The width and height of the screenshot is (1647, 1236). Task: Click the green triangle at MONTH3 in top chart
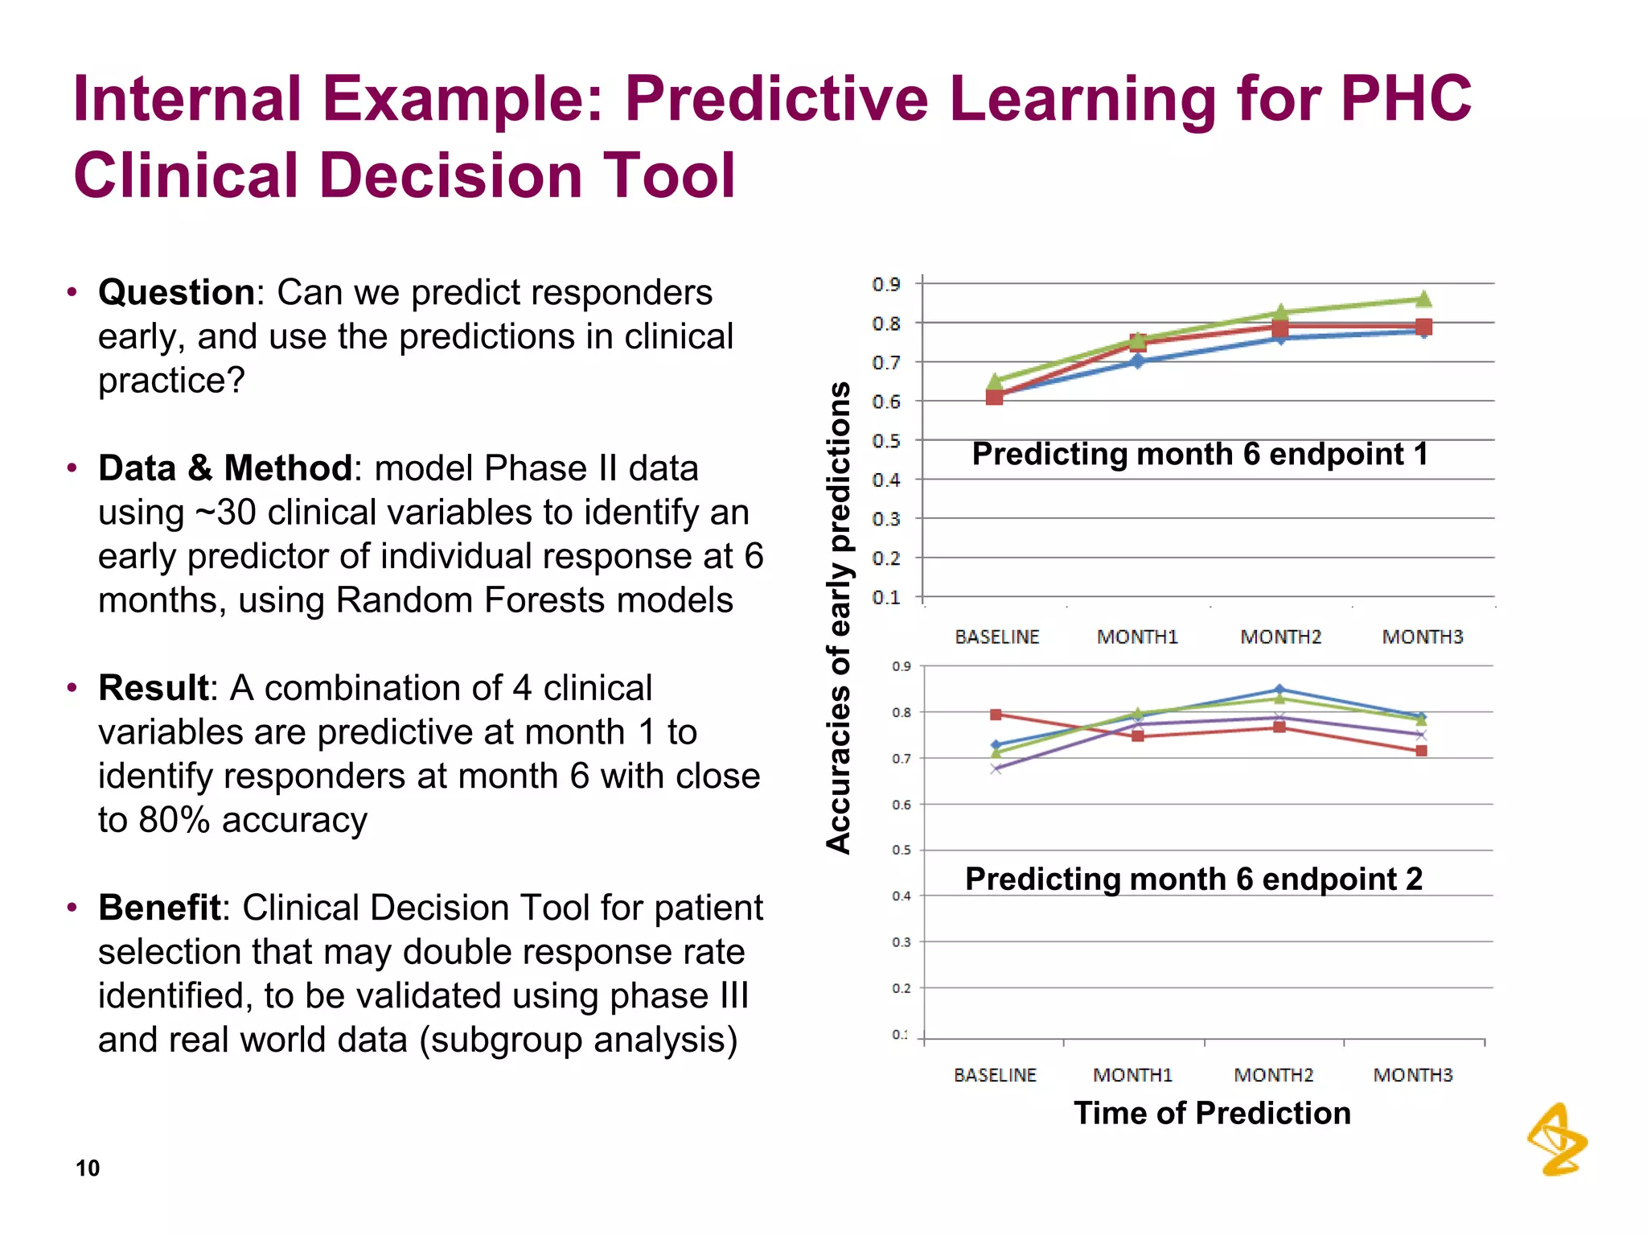(x=1423, y=299)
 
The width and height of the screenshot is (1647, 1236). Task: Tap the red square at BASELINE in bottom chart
(x=996, y=715)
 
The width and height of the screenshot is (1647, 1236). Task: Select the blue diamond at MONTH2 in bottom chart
(x=1279, y=690)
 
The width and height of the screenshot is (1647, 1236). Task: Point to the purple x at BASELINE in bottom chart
(x=996, y=769)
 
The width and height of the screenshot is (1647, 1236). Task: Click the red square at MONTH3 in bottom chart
(x=1421, y=751)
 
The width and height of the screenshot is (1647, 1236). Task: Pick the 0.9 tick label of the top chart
(x=885, y=284)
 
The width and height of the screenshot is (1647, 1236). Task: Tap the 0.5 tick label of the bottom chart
(x=902, y=851)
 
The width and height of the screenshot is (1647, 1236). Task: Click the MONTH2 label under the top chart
(x=1280, y=637)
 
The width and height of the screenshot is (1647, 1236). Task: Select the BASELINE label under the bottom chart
(x=995, y=1075)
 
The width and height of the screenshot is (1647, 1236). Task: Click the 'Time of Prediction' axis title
(x=1212, y=1114)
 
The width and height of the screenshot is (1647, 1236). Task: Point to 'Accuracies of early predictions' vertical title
(x=839, y=617)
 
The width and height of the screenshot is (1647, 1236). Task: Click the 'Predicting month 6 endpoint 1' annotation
(x=1200, y=455)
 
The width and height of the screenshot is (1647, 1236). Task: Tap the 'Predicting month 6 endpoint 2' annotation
(x=1193, y=880)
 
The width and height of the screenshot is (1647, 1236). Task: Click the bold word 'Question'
(x=176, y=293)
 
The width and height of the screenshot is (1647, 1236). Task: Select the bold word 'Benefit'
(x=159, y=908)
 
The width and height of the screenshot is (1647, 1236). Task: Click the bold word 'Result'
(x=154, y=688)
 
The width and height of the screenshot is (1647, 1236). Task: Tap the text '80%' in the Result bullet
(x=174, y=821)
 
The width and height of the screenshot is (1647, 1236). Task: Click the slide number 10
(x=88, y=1168)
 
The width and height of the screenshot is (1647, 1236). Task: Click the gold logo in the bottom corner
(x=1557, y=1140)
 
